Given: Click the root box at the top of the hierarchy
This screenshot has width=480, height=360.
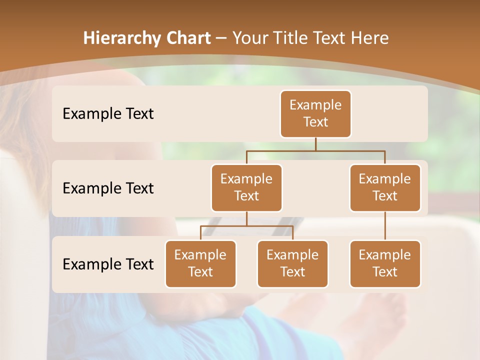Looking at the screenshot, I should coord(315,113).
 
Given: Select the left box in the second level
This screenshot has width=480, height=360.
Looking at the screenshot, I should coord(246,187).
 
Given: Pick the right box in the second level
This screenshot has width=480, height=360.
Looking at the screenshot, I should coord(385,187).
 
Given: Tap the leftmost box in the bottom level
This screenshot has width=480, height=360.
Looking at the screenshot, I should coord(200,263).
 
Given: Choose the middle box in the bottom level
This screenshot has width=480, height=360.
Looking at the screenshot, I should coord(292,263).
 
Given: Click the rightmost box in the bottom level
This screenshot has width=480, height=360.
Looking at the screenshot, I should coord(385,263).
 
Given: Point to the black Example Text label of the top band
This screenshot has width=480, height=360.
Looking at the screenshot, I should coord(108,114).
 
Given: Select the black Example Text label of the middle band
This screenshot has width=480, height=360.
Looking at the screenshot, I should coord(108,188).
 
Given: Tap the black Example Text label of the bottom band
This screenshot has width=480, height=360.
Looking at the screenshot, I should coord(108,264).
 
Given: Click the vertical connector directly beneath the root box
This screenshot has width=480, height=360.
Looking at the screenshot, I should coord(315,144).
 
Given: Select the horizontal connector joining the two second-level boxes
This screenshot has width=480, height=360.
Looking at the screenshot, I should coord(315,150).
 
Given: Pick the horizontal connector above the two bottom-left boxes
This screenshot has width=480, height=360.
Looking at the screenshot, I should coord(246,226).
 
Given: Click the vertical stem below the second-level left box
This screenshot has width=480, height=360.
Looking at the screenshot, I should coord(246,218).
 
